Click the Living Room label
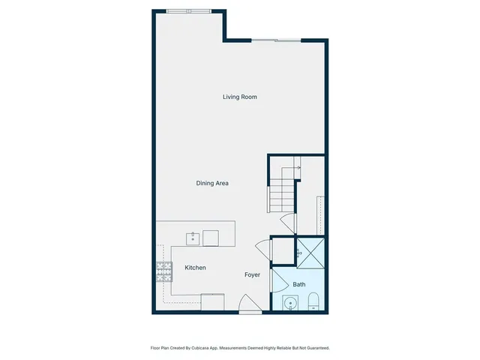click(240, 97)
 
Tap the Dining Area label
click(212, 183)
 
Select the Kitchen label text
click(196, 268)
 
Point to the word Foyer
click(252, 275)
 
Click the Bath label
click(298, 285)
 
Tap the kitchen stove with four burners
click(164, 271)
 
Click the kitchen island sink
click(193, 238)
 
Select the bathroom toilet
click(314, 302)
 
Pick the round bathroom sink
click(289, 304)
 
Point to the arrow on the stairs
click(296, 168)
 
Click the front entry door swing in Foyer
click(248, 304)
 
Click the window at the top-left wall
click(189, 11)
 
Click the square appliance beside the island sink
click(211, 238)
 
